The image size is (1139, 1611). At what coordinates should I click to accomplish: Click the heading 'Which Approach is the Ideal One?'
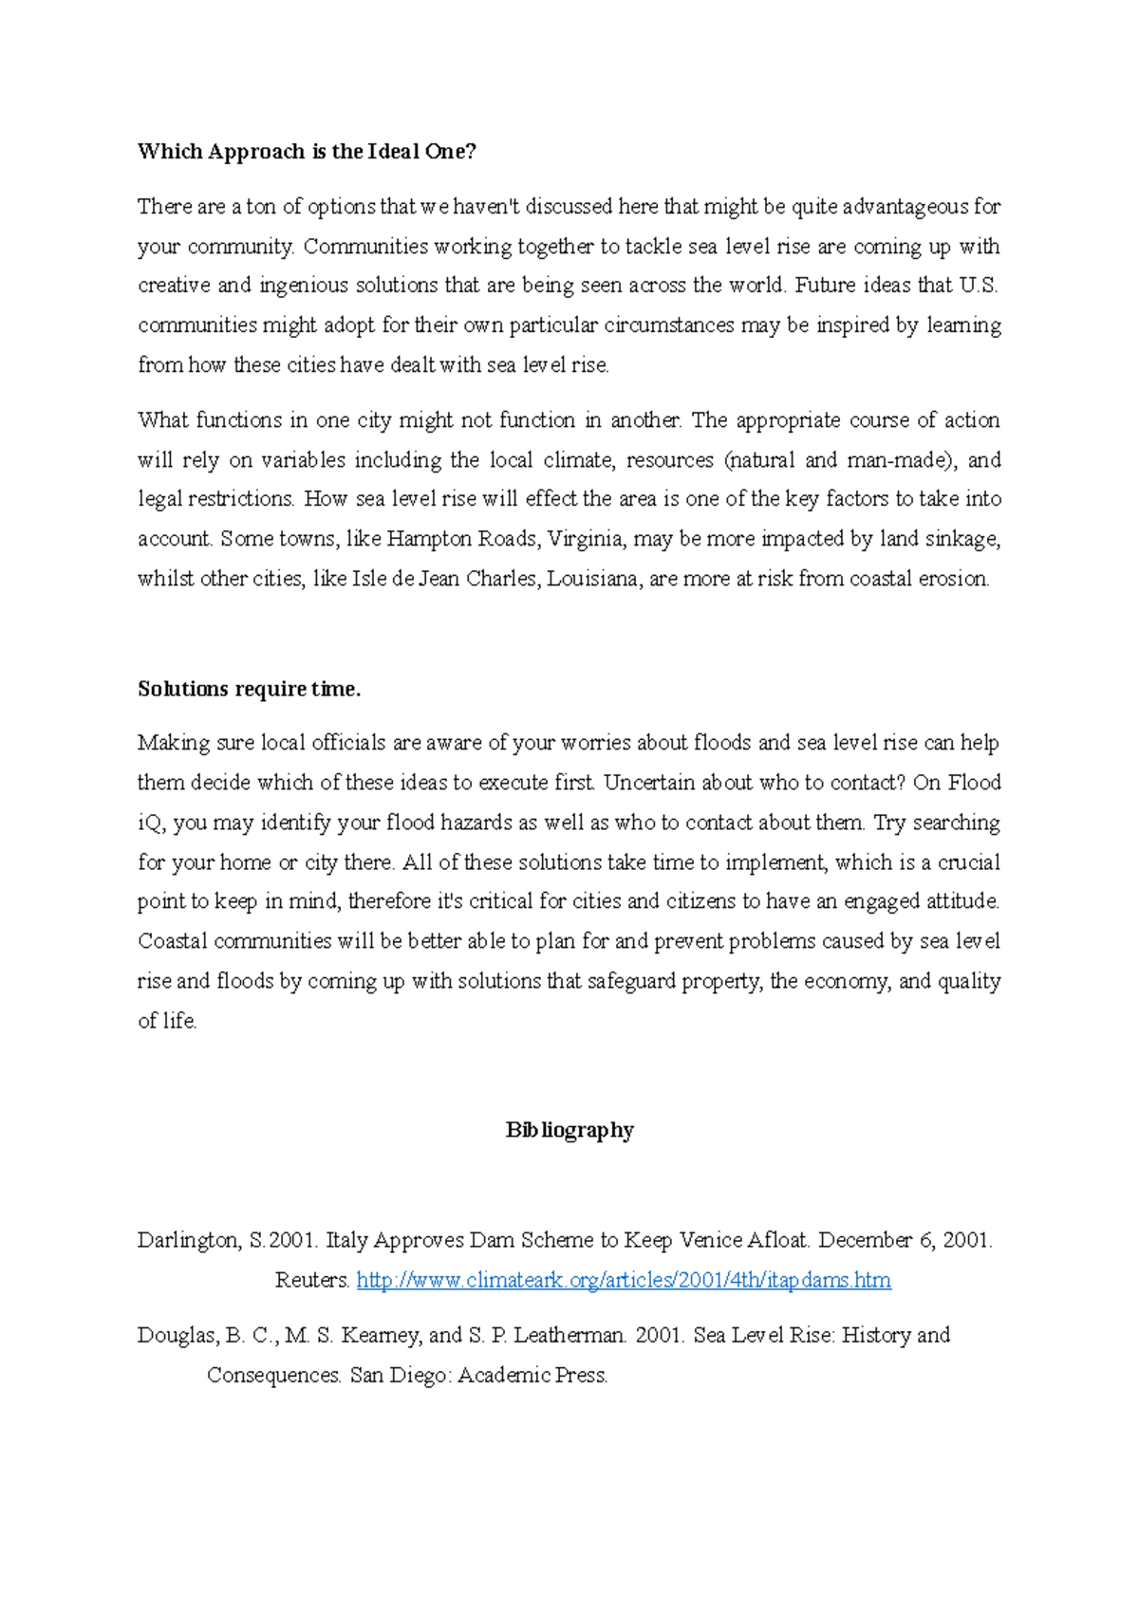(307, 152)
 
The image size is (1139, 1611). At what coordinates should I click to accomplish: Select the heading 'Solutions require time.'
(249, 689)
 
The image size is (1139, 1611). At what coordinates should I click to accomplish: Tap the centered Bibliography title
(569, 1130)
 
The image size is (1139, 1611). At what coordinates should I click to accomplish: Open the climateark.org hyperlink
(624, 1280)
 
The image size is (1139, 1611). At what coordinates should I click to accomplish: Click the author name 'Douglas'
(177, 1335)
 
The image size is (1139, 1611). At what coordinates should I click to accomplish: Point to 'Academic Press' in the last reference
(532, 1375)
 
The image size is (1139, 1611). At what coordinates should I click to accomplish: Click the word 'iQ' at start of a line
(151, 823)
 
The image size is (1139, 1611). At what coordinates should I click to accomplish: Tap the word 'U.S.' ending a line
(979, 286)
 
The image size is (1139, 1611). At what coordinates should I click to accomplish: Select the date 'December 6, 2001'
(904, 1240)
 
